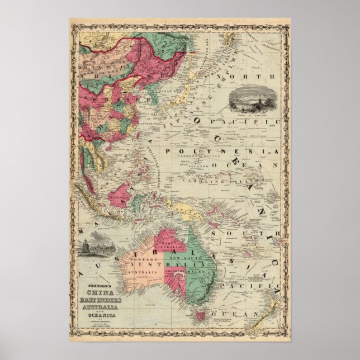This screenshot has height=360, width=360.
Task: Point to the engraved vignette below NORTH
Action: pyautogui.click(x=248, y=98)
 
